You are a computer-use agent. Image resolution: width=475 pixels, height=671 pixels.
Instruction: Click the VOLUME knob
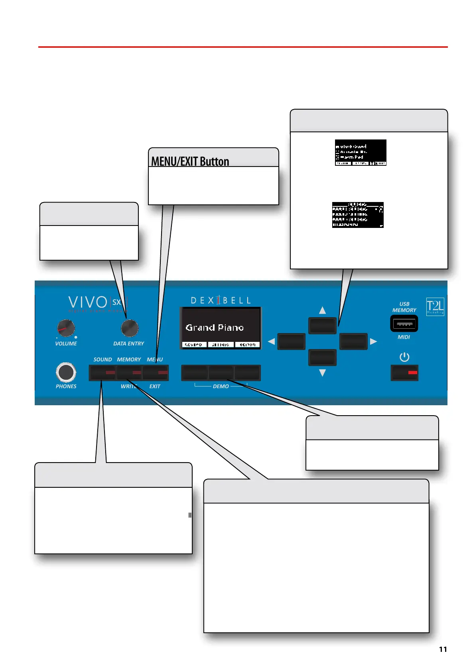[x=66, y=328]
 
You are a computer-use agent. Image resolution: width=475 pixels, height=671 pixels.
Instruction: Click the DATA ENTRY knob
[x=130, y=328]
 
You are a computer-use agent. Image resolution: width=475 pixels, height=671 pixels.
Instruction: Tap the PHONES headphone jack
[x=66, y=372]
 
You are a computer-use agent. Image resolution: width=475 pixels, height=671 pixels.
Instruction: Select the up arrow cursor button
[x=323, y=326]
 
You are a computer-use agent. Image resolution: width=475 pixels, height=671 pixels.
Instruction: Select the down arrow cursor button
[x=323, y=357]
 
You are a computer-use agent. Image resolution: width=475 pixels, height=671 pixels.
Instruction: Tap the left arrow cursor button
[x=291, y=341]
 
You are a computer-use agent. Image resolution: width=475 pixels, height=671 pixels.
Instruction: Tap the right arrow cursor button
[x=353, y=341]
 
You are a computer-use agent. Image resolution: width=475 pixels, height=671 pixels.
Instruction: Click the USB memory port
[x=404, y=324]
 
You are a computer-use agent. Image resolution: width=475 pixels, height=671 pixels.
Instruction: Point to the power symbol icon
[x=404, y=357]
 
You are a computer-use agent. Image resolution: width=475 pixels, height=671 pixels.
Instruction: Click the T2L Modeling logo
[x=435, y=306]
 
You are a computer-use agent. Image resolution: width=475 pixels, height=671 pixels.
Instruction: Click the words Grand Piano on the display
[x=215, y=328]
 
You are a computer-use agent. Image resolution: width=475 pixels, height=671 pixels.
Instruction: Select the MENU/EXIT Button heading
[x=190, y=161]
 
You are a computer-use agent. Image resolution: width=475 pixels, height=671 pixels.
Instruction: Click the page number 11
[x=443, y=649]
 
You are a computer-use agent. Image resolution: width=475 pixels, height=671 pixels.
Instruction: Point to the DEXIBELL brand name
[x=221, y=300]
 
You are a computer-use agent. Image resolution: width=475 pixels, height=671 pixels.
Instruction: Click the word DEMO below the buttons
[x=221, y=387]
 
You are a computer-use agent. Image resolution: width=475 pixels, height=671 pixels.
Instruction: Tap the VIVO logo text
[x=88, y=302]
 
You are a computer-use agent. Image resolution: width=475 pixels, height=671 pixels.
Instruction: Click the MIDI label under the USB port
[x=404, y=337]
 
